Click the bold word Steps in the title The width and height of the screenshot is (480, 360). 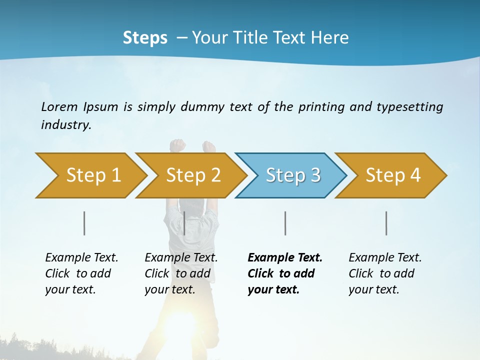145,37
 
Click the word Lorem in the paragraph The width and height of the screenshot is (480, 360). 59,106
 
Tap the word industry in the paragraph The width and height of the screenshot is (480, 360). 65,124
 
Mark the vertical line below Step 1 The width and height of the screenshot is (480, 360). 84,223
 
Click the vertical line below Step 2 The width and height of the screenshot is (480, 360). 184,223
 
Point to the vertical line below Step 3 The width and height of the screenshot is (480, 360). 285,223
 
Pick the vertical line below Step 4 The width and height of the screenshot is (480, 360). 386,223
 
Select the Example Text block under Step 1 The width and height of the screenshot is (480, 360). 81,273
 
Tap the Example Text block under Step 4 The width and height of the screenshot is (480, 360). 385,273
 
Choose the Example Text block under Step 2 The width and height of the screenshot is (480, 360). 181,273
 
